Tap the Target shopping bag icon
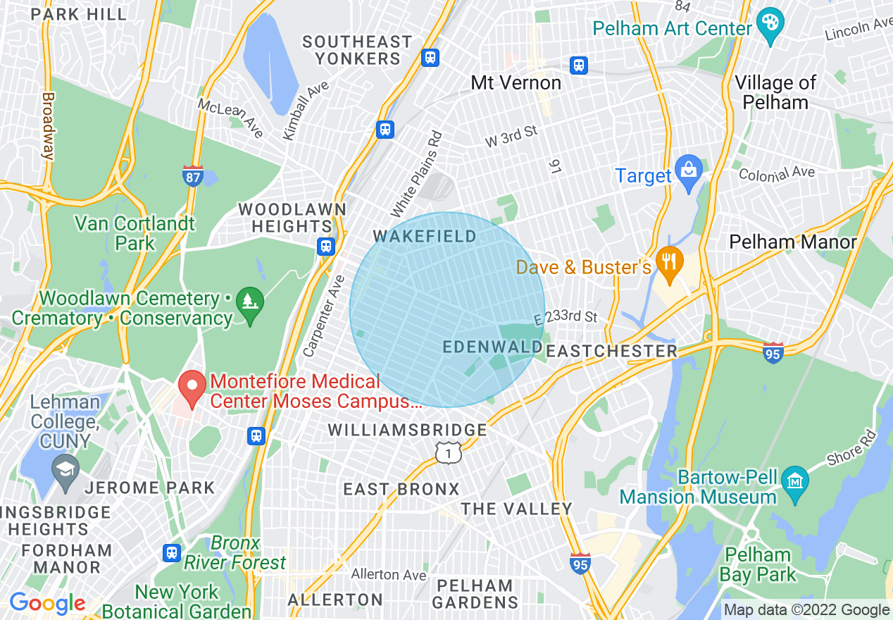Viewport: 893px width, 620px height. (688, 170)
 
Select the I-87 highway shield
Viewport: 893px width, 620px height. (192, 175)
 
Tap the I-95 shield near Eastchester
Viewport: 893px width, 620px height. (773, 352)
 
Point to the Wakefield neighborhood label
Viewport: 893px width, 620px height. (425, 237)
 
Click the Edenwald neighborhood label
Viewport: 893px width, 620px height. (492, 347)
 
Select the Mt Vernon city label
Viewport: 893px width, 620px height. (516, 82)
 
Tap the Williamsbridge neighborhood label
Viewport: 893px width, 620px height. (407, 430)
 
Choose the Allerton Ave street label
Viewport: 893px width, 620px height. (388, 574)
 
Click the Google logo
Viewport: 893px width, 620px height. (47, 603)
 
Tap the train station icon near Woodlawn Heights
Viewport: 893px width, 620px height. (325, 246)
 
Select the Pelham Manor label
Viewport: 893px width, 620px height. (793, 242)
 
